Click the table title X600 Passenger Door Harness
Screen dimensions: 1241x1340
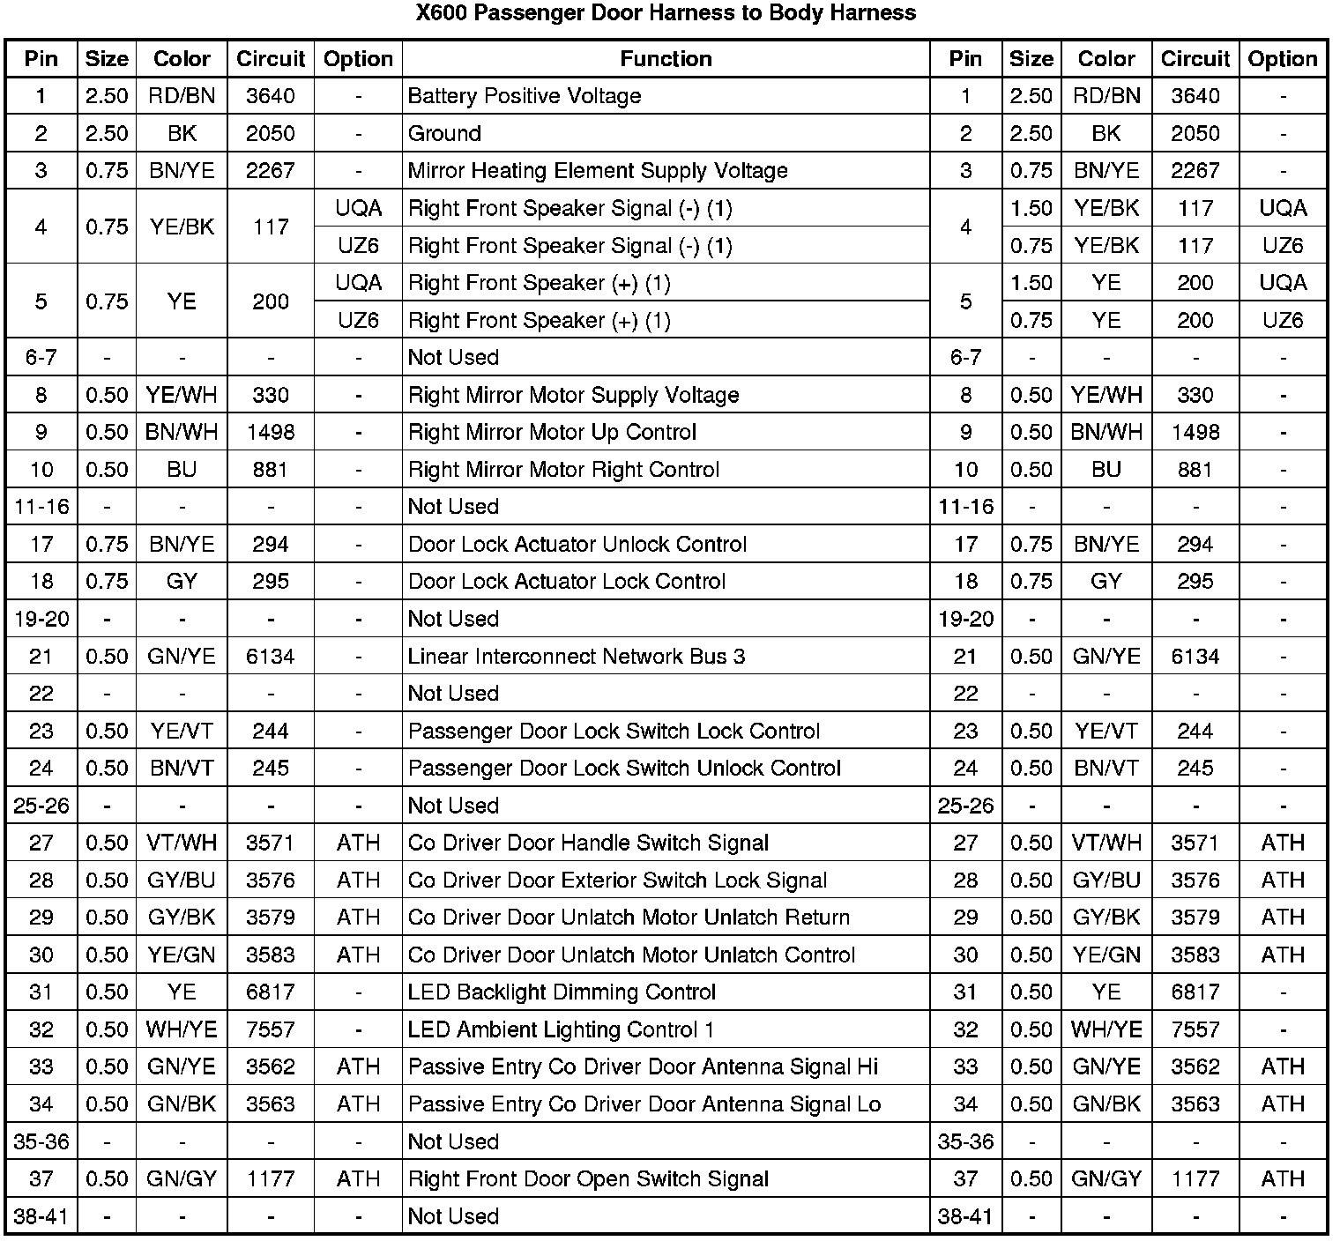666,13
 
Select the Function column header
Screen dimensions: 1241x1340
666,59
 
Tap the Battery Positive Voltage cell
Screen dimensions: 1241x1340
525,96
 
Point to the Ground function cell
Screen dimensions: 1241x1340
444,134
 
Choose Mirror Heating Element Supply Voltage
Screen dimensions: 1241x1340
598,171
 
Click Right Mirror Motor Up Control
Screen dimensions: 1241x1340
552,433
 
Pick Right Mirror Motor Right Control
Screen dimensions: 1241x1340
563,470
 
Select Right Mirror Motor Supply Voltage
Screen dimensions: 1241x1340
573,395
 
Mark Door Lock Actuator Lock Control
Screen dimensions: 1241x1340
567,582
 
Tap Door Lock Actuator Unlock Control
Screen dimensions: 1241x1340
577,545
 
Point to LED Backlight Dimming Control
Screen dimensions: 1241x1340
562,992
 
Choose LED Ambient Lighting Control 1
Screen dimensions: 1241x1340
561,1029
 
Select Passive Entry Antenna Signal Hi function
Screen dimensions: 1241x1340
643,1067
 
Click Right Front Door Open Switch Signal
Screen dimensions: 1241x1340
588,1179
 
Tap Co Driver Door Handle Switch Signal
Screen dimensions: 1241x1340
588,843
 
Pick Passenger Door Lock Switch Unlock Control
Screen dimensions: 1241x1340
624,769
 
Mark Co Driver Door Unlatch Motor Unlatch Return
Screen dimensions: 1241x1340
629,918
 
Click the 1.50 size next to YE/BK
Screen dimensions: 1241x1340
1031,209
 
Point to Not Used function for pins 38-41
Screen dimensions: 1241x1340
453,1217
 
